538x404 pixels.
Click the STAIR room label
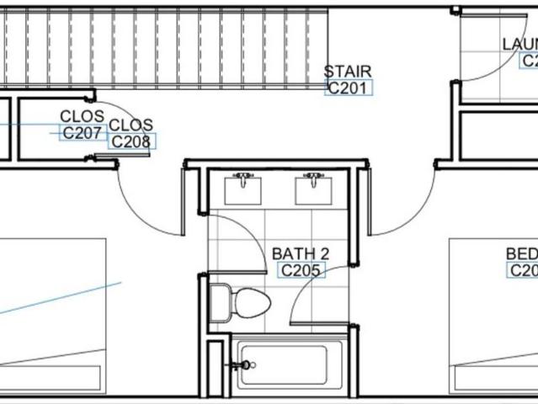[x=348, y=72]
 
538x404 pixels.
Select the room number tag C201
[x=348, y=87]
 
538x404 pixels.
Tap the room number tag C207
[x=82, y=132]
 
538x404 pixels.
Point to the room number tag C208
[x=131, y=141]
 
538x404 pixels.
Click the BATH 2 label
[x=301, y=253]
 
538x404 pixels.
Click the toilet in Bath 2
[x=249, y=301]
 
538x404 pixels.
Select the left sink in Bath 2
[x=243, y=191]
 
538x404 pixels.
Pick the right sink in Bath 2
[x=314, y=191]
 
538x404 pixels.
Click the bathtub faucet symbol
[x=242, y=365]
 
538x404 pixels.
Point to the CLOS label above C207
[x=82, y=116]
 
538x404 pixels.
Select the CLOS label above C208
[x=131, y=125]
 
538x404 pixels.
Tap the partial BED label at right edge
[x=521, y=253]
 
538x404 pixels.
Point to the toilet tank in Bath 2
[x=219, y=302]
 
